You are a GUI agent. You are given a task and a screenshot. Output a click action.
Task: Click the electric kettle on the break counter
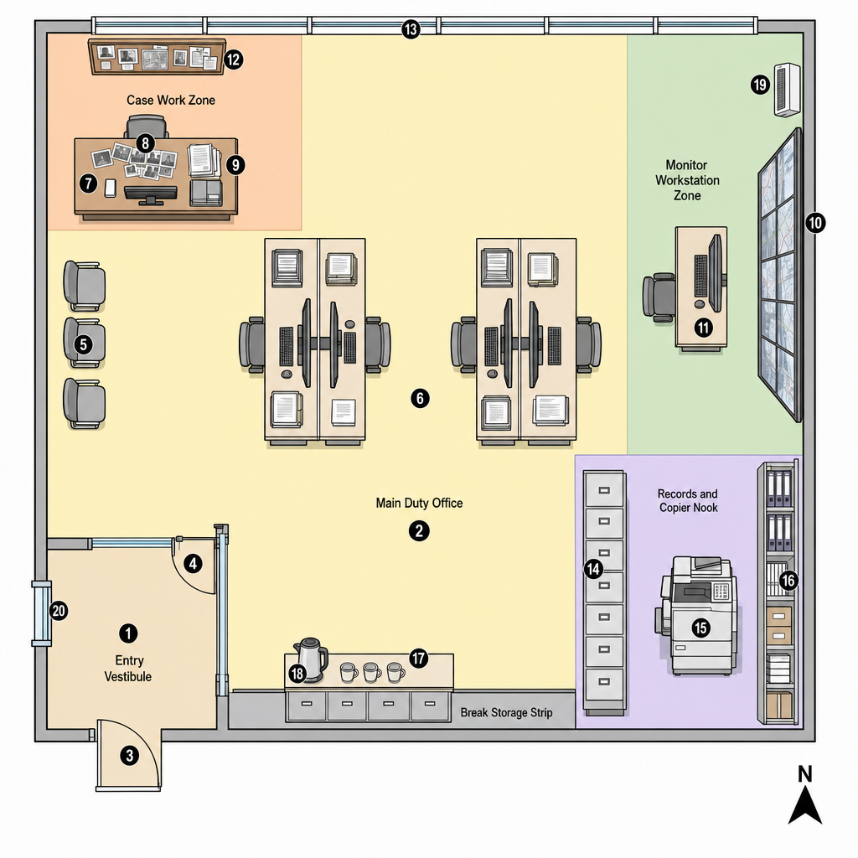click(311, 659)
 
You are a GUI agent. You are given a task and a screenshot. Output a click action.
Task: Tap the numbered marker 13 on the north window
click(411, 29)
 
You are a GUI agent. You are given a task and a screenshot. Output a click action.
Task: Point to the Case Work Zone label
click(171, 101)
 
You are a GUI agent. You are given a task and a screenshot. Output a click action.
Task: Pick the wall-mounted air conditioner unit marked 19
click(787, 90)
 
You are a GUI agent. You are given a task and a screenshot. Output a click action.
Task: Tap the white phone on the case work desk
click(110, 188)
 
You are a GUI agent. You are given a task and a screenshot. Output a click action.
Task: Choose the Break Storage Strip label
click(506, 712)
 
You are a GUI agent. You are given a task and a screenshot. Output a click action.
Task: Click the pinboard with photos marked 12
click(157, 56)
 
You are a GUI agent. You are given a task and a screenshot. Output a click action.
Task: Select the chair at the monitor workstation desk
click(659, 297)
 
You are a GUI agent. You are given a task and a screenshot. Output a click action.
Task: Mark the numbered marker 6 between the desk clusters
click(420, 398)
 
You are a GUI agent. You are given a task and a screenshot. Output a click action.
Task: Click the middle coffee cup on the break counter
click(372, 672)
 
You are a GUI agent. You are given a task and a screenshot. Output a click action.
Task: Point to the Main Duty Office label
click(419, 503)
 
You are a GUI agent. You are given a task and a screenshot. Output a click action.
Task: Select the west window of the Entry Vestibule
click(42, 613)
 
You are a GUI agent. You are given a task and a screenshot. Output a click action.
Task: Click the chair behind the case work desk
click(146, 127)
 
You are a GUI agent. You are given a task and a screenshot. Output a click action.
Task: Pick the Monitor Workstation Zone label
click(687, 180)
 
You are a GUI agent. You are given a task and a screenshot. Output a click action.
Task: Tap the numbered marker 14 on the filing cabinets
click(593, 569)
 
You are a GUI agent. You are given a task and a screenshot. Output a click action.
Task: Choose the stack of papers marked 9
click(204, 161)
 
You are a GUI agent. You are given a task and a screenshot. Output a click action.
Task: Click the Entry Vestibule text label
click(128, 668)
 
